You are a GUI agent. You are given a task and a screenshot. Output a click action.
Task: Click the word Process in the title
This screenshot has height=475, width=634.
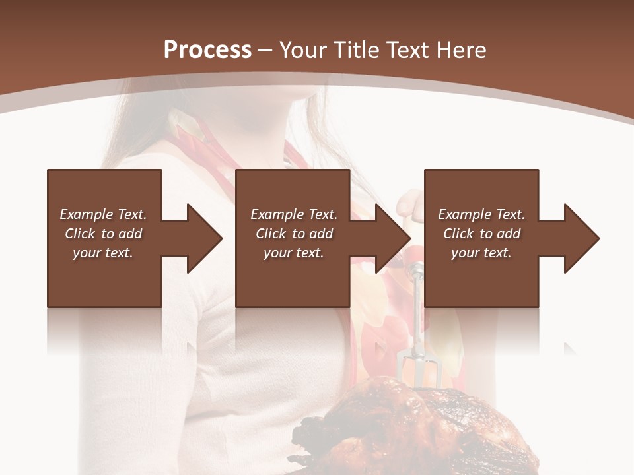(207, 50)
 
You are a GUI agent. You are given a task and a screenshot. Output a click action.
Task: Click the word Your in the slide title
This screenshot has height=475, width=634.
(304, 50)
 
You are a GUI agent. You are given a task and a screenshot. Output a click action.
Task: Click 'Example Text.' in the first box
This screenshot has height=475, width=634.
(104, 214)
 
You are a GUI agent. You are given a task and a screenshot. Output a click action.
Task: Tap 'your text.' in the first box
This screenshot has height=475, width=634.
(104, 253)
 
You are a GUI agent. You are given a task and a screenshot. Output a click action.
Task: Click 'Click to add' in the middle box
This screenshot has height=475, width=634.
(294, 234)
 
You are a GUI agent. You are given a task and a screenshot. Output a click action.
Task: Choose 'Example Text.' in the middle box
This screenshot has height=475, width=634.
(294, 214)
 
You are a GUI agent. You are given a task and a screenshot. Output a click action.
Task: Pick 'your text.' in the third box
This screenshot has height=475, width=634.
(481, 253)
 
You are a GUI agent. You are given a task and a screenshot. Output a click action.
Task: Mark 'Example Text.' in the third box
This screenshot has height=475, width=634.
(481, 214)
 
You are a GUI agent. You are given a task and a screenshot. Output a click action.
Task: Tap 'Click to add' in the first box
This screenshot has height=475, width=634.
(104, 234)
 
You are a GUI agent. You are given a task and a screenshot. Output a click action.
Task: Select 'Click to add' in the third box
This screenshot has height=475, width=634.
(481, 234)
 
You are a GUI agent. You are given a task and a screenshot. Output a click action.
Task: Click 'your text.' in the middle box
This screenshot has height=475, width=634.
(294, 253)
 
